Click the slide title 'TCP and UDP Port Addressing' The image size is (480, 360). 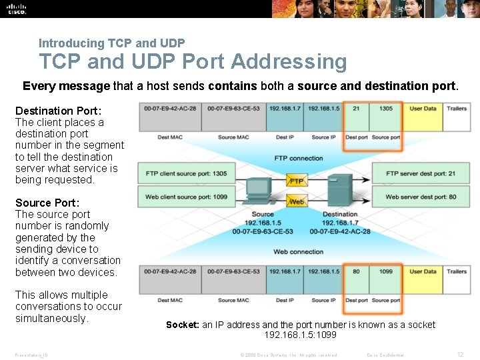pyautogui.click(x=193, y=61)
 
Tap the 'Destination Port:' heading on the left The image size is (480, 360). pyautogui.click(x=59, y=111)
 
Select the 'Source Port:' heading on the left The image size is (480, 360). pyautogui.click(x=47, y=203)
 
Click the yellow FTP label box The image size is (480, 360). pyautogui.click(x=297, y=181)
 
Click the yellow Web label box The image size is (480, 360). pyautogui.click(x=297, y=201)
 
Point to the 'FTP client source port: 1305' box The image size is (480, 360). pyautogui.click(x=187, y=174)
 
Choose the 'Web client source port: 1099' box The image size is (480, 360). pyautogui.click(x=187, y=197)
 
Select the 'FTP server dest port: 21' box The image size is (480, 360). pyautogui.click(x=421, y=174)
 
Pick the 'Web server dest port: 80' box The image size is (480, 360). pyautogui.click(x=421, y=197)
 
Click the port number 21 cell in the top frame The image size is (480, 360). pyautogui.click(x=356, y=109)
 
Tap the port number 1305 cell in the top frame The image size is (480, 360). pyautogui.click(x=386, y=109)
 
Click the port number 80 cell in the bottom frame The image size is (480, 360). pyautogui.click(x=356, y=271)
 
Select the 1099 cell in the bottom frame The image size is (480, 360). pyautogui.click(x=386, y=271)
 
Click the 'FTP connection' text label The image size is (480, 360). pyautogui.click(x=298, y=159)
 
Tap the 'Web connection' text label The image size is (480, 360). pyautogui.click(x=298, y=252)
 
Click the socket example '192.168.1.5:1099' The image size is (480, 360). pyautogui.click(x=300, y=335)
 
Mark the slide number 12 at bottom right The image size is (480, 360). pyautogui.click(x=460, y=355)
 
